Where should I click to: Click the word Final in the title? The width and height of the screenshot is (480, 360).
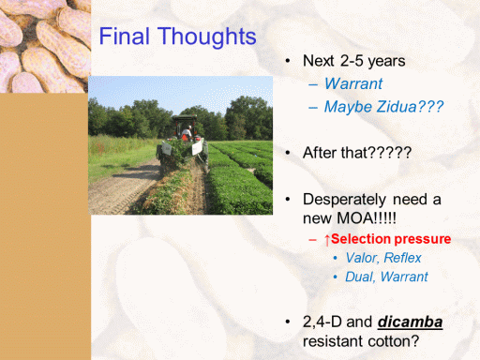tap(125, 36)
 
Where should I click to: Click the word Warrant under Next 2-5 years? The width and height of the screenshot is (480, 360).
tap(353, 83)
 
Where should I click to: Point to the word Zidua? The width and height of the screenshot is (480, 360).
tap(396, 107)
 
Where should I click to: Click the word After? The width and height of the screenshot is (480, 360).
tap(320, 153)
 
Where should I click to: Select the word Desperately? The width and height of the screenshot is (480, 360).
tap(345, 200)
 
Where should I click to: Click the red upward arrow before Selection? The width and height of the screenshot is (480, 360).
tap(327, 240)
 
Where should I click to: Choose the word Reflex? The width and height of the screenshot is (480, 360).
tap(402, 258)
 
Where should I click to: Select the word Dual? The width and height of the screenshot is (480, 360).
tap(360, 277)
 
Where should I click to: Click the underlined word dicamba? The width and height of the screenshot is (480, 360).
tap(410, 322)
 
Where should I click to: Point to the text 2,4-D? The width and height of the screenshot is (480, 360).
tap(322, 322)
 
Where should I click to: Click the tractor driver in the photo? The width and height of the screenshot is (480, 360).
tap(187, 133)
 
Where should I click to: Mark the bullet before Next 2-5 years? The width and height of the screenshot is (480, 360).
tap(288, 61)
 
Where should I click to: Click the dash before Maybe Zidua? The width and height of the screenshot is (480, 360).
tap(313, 108)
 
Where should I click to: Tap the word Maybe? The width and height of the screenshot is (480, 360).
tap(348, 107)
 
